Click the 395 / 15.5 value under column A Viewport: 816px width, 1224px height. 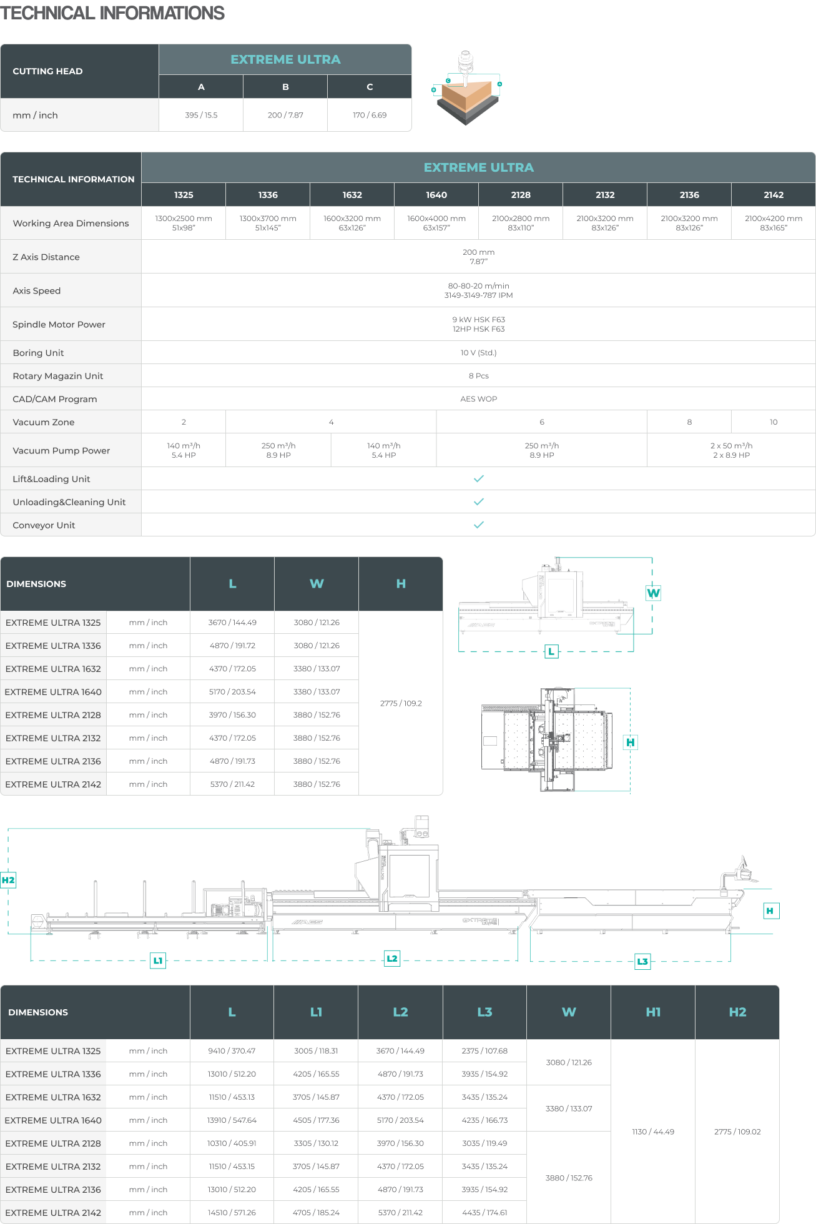click(201, 115)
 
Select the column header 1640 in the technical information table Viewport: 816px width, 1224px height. click(436, 195)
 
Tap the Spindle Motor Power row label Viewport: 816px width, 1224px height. click(59, 324)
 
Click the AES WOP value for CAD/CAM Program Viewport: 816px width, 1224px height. click(478, 399)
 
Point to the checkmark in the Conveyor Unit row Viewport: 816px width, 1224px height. click(478, 525)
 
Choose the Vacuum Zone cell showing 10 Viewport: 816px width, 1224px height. click(773, 422)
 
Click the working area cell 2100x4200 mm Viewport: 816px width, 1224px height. click(773, 223)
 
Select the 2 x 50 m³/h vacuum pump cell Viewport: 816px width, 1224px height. click(731, 450)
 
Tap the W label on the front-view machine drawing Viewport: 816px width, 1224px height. click(653, 593)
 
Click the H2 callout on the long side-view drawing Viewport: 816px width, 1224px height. click(8, 881)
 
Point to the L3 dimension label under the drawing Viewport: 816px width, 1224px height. click(642, 961)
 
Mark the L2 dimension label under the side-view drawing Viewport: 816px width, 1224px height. click(392, 959)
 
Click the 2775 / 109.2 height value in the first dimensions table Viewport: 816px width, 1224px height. click(401, 703)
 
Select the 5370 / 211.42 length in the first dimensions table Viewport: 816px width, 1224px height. click(232, 784)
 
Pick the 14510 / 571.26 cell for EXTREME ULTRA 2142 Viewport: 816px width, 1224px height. click(232, 1213)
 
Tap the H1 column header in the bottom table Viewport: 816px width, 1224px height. click(653, 1012)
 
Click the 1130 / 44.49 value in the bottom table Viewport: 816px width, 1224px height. click(653, 1132)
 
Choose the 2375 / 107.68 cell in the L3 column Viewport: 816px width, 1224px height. click(484, 1051)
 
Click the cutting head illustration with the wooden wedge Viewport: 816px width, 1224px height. click(466, 87)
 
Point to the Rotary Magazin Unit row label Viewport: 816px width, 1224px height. click(57, 376)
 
